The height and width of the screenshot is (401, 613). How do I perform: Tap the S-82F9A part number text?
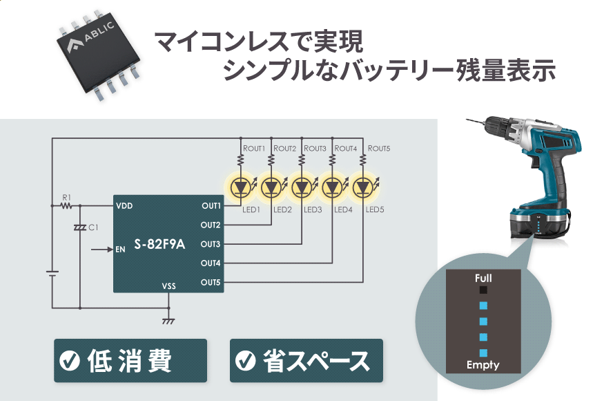point(159,243)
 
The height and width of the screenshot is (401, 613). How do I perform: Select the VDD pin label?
point(124,206)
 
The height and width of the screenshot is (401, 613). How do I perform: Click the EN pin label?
point(120,249)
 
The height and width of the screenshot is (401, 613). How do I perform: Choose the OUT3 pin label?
point(211,244)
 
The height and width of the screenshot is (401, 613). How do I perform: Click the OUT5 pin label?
point(211,282)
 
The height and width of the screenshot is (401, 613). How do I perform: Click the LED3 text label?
point(313,209)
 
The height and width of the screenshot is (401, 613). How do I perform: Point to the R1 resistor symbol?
point(67,205)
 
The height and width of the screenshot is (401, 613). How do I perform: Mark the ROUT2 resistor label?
point(284,149)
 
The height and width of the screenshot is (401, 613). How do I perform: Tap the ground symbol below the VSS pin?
point(167,321)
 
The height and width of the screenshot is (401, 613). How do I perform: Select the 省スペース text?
point(315,360)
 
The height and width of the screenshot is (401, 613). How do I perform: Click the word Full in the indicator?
point(483,278)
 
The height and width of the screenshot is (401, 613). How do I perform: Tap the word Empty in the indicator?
point(483,365)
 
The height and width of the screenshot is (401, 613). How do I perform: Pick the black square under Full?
point(483,290)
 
